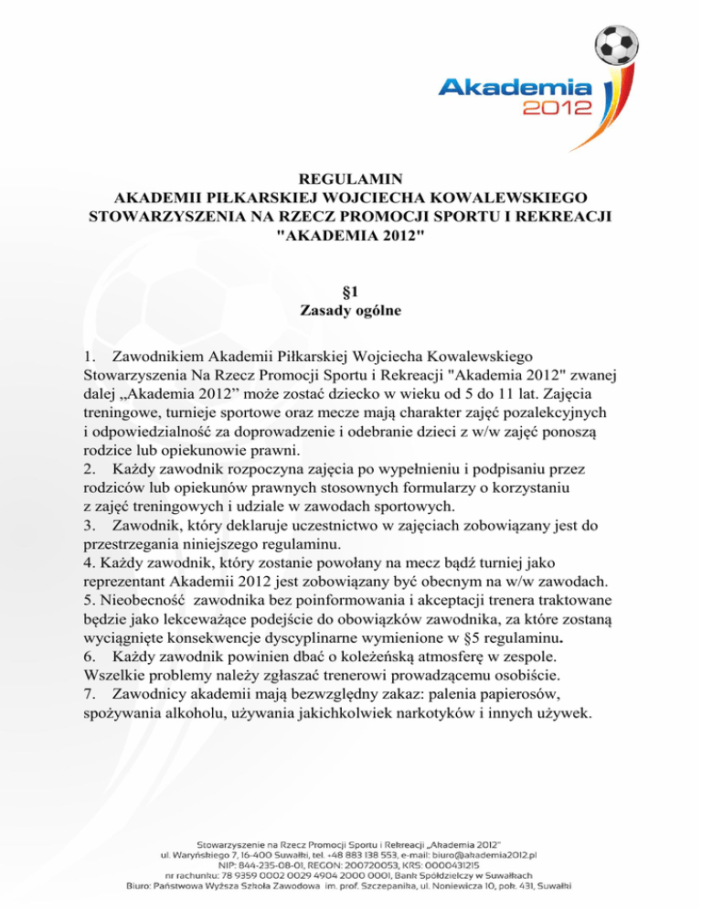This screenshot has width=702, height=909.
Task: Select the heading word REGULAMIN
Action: pyautogui.click(x=351, y=178)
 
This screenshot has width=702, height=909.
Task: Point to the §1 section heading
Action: pyautogui.click(x=351, y=292)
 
